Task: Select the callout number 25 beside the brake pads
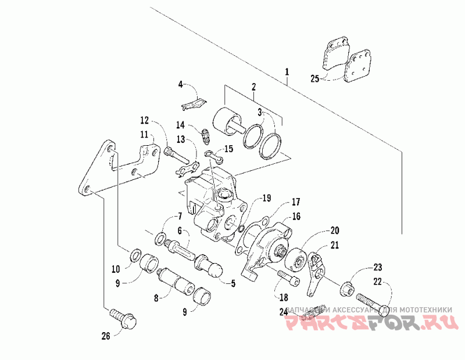click(x=314, y=78)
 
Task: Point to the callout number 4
click(x=180, y=85)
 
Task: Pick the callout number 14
click(x=180, y=125)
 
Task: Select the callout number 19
click(x=266, y=198)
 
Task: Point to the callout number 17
click(x=296, y=202)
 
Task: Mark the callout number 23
click(x=378, y=268)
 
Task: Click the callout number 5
click(x=233, y=284)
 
